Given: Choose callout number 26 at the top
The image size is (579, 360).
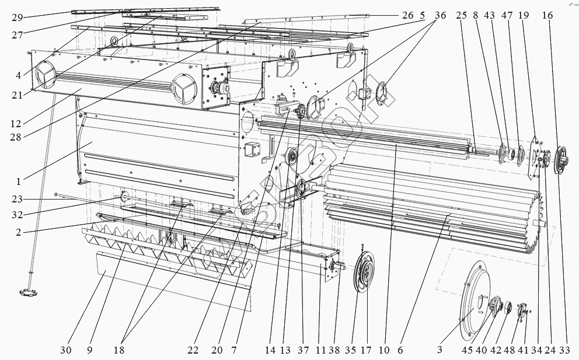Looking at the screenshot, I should click(407, 16).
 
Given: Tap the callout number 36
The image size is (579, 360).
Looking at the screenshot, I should click(440, 16).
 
